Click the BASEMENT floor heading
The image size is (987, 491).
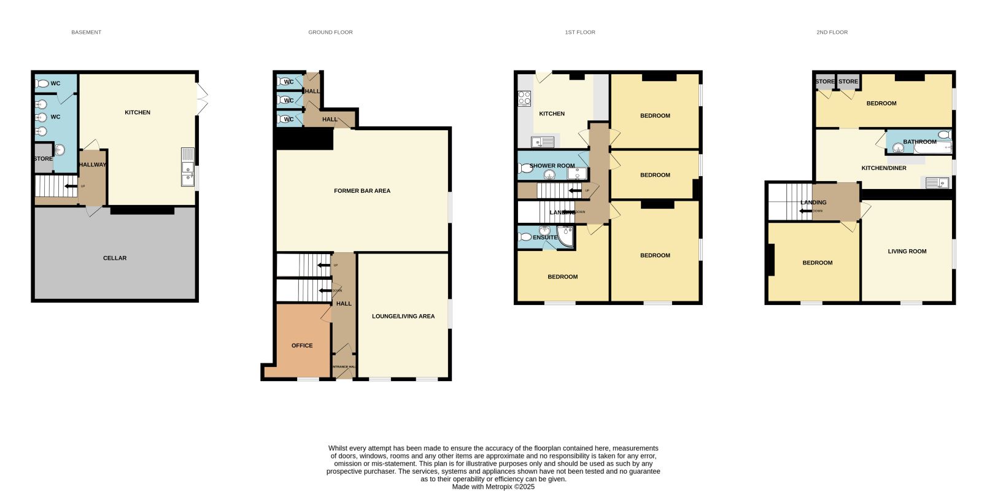(86, 32)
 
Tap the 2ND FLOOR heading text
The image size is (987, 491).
(832, 32)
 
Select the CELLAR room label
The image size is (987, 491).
(115, 258)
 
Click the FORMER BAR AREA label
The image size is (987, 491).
(362, 191)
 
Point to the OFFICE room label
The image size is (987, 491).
(302, 346)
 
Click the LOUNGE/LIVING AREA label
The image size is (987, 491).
(403, 316)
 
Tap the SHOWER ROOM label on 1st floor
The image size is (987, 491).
(552, 166)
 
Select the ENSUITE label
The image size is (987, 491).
(545, 238)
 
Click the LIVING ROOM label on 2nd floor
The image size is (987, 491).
(907, 251)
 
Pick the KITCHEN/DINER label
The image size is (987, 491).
(883, 168)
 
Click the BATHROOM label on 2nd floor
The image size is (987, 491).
(919, 142)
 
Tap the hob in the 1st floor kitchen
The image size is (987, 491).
(525, 98)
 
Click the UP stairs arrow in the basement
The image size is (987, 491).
(71, 186)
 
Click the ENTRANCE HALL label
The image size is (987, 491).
(344, 366)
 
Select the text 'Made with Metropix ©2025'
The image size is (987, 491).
(493, 487)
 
